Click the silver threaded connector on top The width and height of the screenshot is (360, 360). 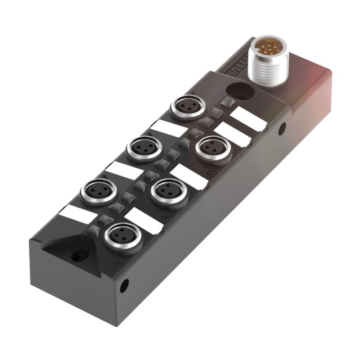[x=268, y=63]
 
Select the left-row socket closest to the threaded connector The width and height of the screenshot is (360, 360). [x=187, y=107]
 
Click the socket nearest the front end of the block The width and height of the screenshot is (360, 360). [x=121, y=234]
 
